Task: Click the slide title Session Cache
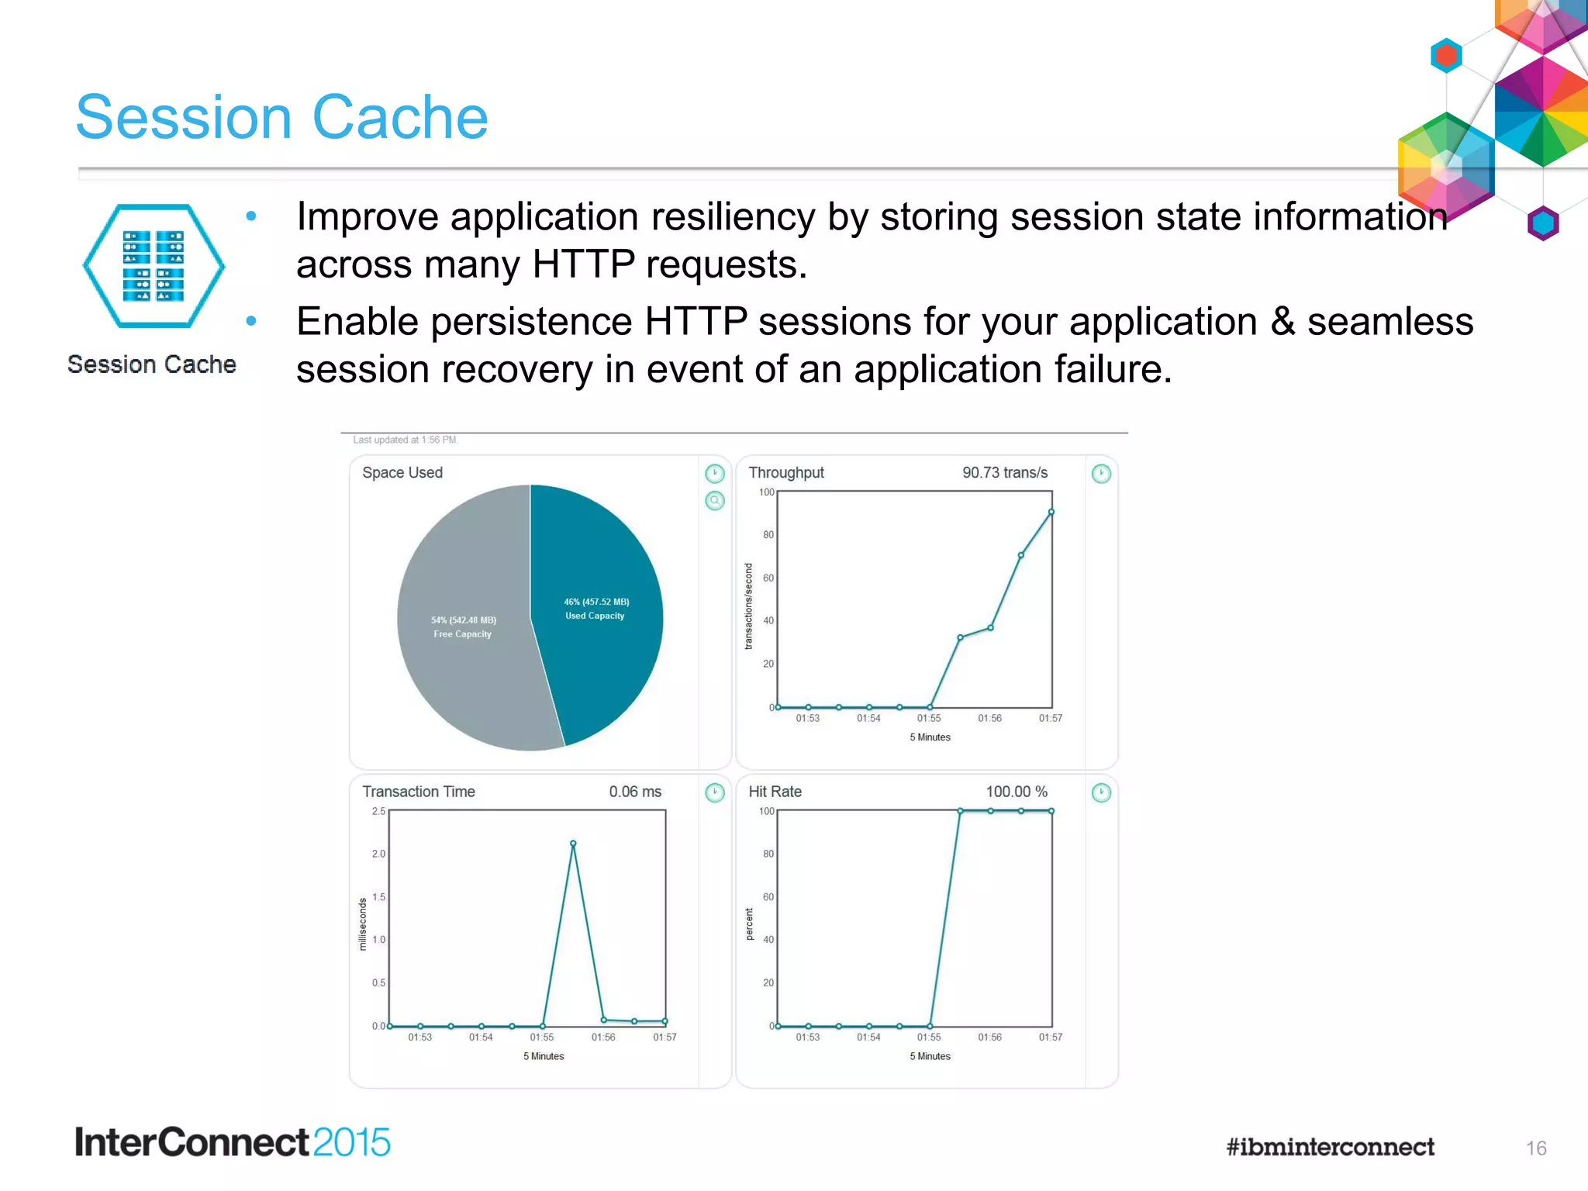[281, 117]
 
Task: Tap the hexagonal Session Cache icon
[154, 266]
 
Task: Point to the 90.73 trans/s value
[1004, 472]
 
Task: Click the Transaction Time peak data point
[573, 844]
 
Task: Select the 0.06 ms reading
[634, 792]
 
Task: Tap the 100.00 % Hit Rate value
[1016, 792]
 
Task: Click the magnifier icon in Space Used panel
[714, 500]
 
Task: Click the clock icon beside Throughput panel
[1100, 473]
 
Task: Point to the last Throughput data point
[1051, 512]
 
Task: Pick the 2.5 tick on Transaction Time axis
[378, 811]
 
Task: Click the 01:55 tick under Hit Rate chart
[929, 1037]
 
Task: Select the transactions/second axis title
[748, 606]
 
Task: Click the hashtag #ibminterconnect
[1330, 1147]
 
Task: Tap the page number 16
[1535, 1148]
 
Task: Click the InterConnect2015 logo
[232, 1142]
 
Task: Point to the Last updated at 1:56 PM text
[406, 440]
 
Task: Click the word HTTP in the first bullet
[583, 264]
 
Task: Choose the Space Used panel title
[402, 472]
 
